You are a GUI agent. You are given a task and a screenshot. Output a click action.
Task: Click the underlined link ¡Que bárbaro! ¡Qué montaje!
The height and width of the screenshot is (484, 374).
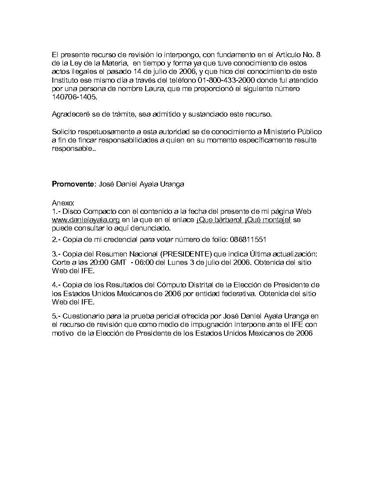tap(243, 220)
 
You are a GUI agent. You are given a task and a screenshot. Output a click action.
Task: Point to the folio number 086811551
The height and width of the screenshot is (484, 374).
tap(248, 240)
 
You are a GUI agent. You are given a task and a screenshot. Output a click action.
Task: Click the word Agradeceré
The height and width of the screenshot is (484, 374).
tap(71, 114)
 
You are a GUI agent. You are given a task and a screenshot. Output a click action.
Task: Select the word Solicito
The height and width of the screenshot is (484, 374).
tap(64, 132)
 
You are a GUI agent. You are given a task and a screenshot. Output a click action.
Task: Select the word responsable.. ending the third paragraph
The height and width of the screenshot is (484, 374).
tap(73, 149)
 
